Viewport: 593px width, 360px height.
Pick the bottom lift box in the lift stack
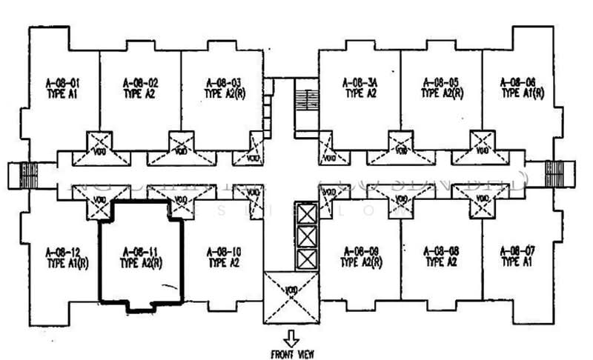(x=305, y=260)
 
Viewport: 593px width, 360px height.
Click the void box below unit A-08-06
(x=483, y=143)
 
